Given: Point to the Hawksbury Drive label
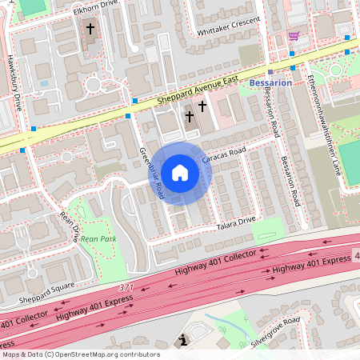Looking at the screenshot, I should click(16, 84).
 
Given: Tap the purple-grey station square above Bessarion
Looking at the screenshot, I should click(271, 71).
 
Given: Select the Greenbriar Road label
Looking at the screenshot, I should click(151, 172).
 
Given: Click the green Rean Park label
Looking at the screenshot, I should click(98, 238).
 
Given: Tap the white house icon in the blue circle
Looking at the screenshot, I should click(181, 172).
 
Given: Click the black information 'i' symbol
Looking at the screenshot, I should click(184, 341).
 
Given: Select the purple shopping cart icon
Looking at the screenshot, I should click(294, 36).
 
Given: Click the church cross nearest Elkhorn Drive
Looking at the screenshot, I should click(90, 29).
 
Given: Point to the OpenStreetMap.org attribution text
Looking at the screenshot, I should click(80, 354).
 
